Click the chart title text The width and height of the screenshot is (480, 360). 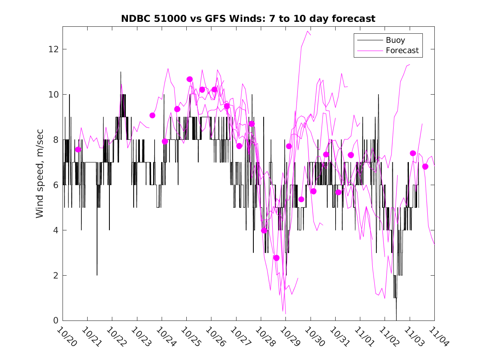248,19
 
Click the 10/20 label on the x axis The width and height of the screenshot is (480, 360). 66,337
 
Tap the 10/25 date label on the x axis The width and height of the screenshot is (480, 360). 190,337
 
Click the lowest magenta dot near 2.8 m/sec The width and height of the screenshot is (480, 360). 276,258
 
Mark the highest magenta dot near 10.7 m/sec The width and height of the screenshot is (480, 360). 190,79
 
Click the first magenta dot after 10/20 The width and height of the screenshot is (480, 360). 78,149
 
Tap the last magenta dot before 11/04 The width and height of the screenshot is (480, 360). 425,167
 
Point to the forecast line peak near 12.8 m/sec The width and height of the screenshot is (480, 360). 307,31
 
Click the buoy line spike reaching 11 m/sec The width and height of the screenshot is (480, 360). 121,72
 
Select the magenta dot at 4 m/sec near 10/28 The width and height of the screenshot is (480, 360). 264,230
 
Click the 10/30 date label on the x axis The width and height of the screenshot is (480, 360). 314,337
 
